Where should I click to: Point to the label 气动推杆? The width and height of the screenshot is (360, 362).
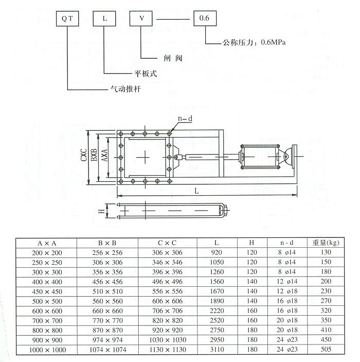[125, 90]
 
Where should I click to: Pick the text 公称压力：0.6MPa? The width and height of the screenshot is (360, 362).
[254, 43]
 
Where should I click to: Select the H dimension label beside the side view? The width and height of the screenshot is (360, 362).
[102, 210]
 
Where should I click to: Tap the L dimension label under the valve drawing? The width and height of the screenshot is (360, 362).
[196, 190]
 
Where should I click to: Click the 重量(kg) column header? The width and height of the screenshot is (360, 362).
[326, 242]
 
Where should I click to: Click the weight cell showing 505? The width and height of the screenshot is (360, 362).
[326, 350]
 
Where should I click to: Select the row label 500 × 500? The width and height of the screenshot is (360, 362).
[47, 300]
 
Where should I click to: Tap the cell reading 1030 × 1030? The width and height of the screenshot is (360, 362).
[170, 340]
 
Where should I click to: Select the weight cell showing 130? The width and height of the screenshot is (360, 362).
[326, 252]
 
